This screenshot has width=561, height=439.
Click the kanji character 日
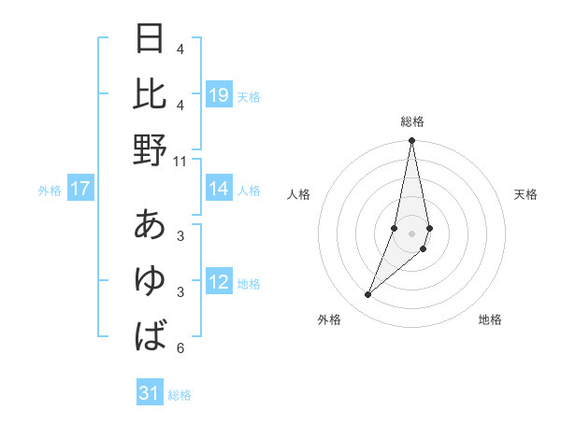pyautogui.click(x=151, y=39)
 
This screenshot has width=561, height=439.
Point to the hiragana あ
pyautogui.click(x=151, y=225)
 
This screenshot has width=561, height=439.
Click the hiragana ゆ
pyautogui.click(x=151, y=280)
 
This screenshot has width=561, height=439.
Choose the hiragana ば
pyautogui.click(x=151, y=335)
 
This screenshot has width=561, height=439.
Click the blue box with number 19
pyautogui.click(x=219, y=94)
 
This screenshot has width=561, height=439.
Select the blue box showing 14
pyautogui.click(x=219, y=189)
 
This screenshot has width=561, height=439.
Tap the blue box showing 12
pyautogui.click(x=219, y=282)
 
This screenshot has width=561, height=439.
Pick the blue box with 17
pyautogui.click(x=80, y=189)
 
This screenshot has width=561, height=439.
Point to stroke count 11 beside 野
pyautogui.click(x=180, y=161)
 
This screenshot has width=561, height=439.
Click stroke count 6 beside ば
pyautogui.click(x=180, y=348)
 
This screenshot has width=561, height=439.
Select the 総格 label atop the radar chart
pyautogui.click(x=411, y=121)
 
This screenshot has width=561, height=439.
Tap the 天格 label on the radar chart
pyautogui.click(x=525, y=194)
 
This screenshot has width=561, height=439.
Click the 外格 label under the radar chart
pyautogui.click(x=329, y=319)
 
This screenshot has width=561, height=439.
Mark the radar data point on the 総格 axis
pyautogui.click(x=411, y=141)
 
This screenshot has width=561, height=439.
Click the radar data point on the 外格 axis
pyautogui.click(x=368, y=294)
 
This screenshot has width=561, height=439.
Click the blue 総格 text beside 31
pyautogui.click(x=180, y=395)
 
